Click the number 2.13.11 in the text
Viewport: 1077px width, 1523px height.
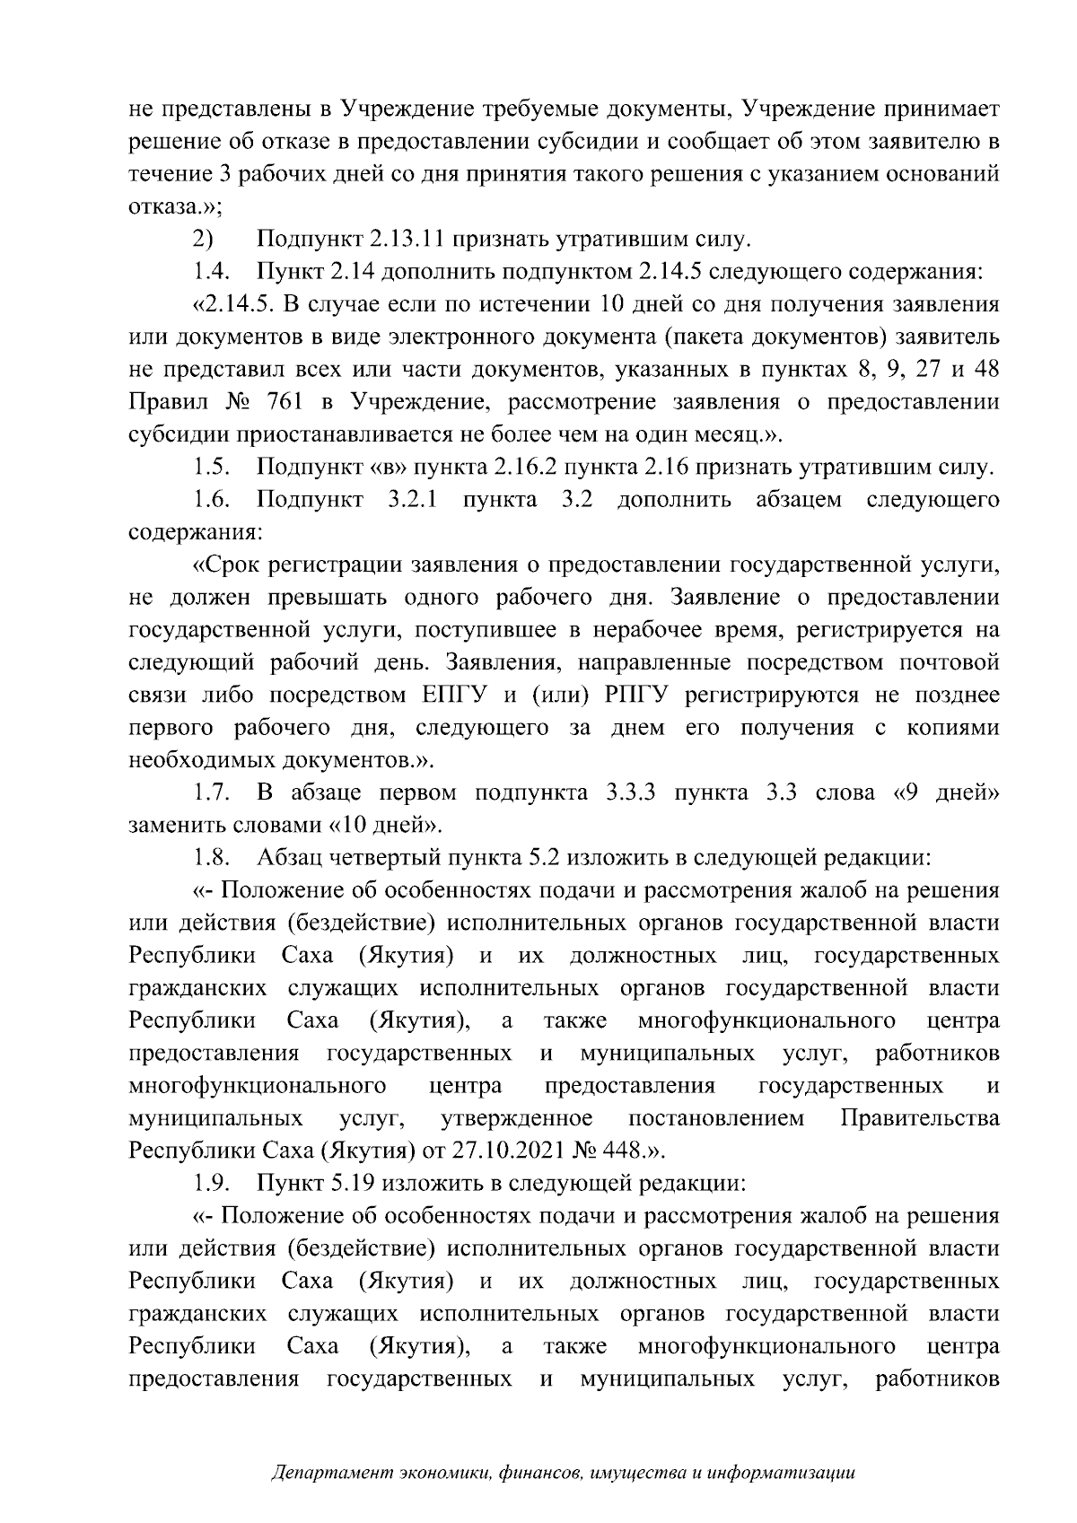pyautogui.click(x=407, y=240)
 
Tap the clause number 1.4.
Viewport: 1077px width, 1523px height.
pyautogui.click(x=212, y=272)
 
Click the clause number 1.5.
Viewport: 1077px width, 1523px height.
pyautogui.click(x=212, y=468)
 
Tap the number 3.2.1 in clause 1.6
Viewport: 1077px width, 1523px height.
pyautogui.click(x=412, y=500)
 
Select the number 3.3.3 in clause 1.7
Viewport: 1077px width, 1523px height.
pyautogui.click(x=633, y=793)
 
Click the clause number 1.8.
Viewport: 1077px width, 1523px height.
pyautogui.click(x=212, y=858)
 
